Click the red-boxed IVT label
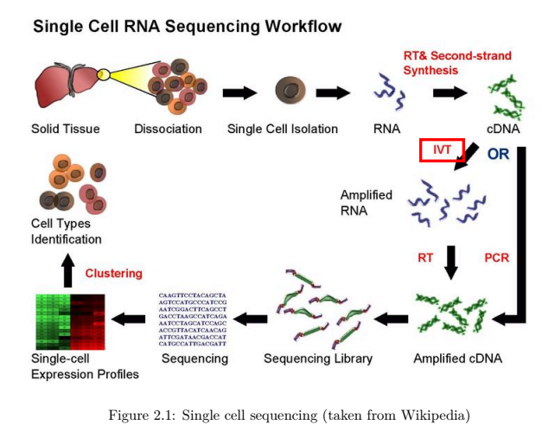pos(442,149)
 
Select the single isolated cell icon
pos(289,90)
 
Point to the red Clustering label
pos(113,274)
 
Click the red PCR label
pos(497,257)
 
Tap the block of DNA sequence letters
pos(192,319)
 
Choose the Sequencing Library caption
pos(317,358)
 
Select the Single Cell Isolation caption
pos(282,130)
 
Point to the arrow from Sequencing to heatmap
pos(130,319)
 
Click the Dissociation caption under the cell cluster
pos(168,130)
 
